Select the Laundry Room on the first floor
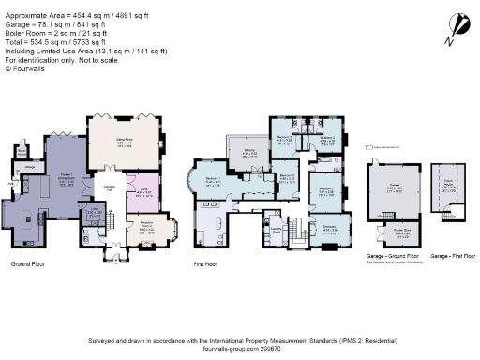(x=277, y=228)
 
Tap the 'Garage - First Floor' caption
(x=446, y=255)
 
